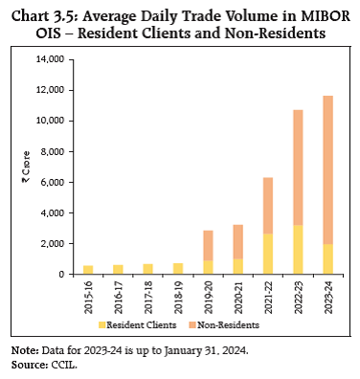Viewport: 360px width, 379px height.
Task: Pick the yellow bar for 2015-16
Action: point(88,269)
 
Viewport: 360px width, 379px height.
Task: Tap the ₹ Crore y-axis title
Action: point(28,167)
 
